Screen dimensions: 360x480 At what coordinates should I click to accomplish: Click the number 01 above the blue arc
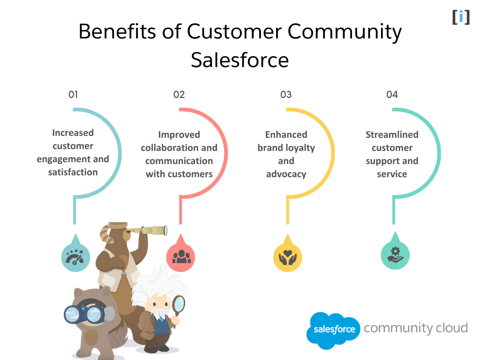coord(73,95)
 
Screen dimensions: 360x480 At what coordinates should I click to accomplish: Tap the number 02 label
coord(179,95)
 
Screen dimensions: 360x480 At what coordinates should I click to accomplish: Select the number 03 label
coord(286,95)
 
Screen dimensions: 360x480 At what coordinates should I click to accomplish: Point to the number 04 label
coord(392,95)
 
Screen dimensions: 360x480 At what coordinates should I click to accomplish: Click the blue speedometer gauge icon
coord(75,256)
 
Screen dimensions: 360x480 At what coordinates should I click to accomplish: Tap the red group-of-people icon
coord(181,256)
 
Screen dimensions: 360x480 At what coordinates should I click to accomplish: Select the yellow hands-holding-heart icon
coord(287,256)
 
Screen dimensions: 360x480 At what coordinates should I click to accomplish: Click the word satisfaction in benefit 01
coord(73,172)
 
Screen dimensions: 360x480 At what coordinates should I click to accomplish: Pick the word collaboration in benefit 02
coord(165,148)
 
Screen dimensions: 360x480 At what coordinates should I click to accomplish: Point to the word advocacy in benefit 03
coord(286,174)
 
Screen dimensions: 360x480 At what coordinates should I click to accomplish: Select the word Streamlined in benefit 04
coord(392,135)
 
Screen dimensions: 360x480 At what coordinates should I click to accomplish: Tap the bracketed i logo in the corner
coord(461,17)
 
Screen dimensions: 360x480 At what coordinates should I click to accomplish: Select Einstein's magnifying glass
coord(179,305)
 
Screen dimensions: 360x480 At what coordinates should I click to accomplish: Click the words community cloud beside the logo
coord(416,328)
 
